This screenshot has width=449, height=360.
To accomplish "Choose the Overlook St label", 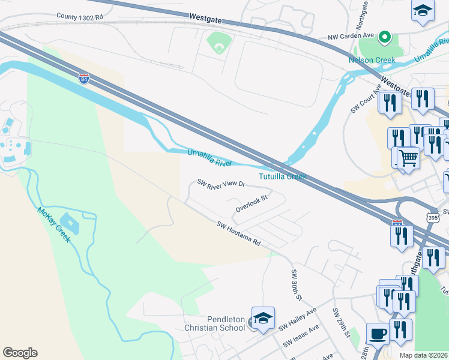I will tap(251, 203).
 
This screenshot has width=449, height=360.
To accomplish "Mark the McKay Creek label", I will tap(54, 224).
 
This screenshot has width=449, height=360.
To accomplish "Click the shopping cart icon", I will tap(408, 158).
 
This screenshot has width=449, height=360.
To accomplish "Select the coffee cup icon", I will tap(378, 333).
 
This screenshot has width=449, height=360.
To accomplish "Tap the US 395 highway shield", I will tap(432, 217).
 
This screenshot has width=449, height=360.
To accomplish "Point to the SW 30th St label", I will tap(296, 285).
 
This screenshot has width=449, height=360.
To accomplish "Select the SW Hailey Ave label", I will tap(297, 320).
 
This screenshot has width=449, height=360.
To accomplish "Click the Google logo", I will tap(20, 353).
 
